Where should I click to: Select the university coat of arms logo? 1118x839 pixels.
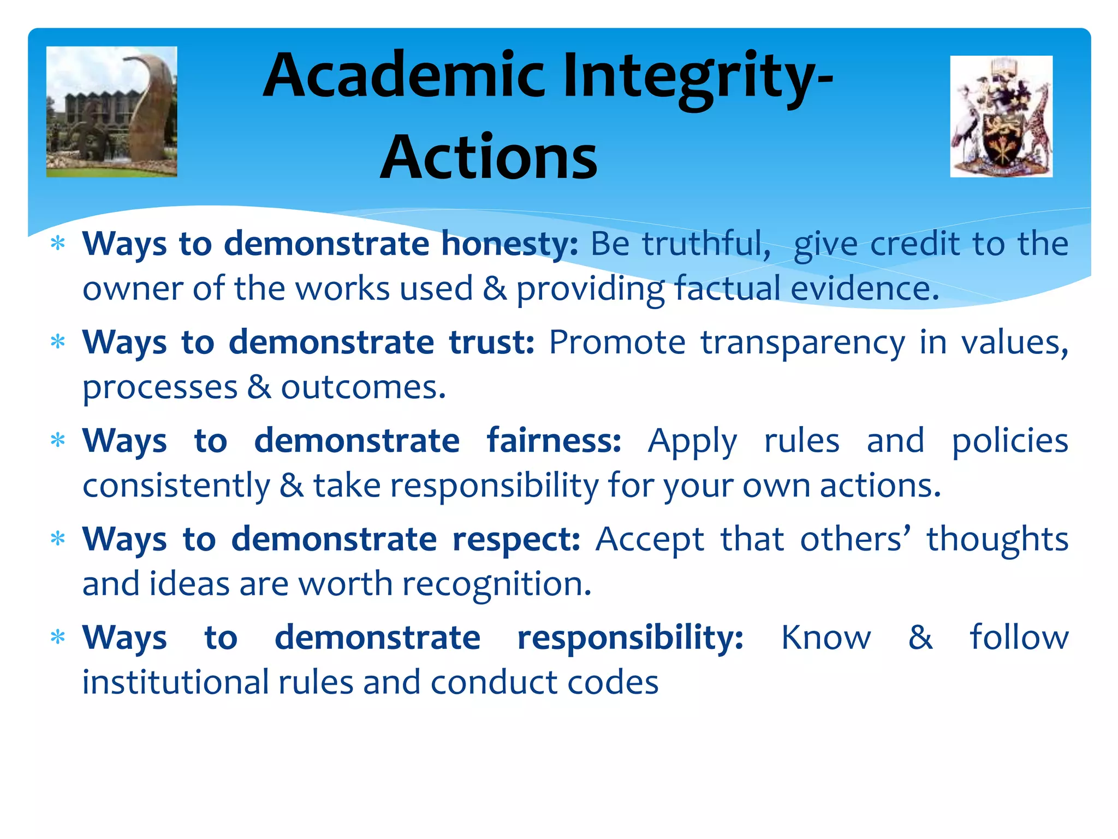click(1001, 116)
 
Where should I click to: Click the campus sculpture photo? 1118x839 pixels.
click(112, 112)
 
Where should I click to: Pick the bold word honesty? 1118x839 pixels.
click(509, 244)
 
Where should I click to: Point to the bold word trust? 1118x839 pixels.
click(491, 342)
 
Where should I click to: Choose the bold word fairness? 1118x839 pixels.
click(554, 441)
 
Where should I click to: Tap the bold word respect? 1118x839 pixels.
click(516, 539)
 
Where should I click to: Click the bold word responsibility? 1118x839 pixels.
click(631, 637)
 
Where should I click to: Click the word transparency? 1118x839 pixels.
click(802, 342)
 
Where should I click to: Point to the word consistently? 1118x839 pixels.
click(176, 486)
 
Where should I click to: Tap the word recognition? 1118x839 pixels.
click(497, 584)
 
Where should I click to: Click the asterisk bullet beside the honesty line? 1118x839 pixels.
click(57, 244)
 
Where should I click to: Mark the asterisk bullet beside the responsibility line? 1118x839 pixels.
click(57, 637)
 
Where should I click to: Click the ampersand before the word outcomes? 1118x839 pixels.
click(259, 387)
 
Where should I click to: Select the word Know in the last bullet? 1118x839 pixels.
click(826, 637)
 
